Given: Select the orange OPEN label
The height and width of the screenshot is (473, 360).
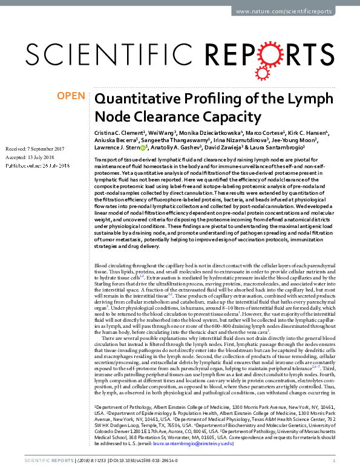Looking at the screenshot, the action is click(71, 96).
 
